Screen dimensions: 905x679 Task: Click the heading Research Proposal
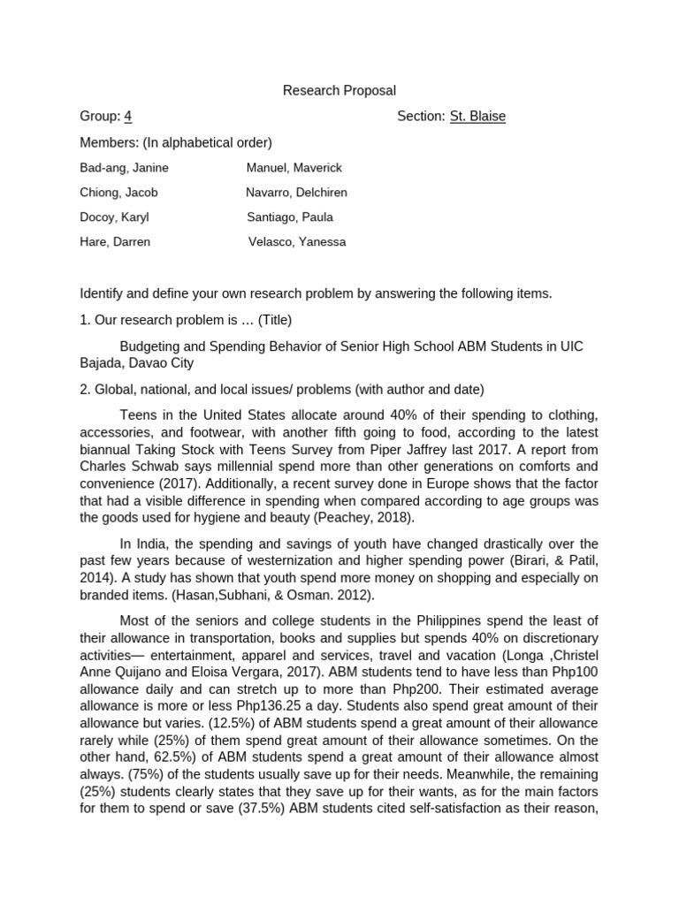click(x=339, y=90)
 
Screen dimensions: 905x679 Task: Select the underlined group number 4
click(x=128, y=116)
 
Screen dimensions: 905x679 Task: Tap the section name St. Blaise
click(x=477, y=116)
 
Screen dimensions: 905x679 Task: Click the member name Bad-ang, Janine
click(x=124, y=167)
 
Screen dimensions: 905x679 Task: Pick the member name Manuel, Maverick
click(x=294, y=167)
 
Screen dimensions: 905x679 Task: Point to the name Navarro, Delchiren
click(x=296, y=192)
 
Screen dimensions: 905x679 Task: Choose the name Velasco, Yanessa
click(x=297, y=241)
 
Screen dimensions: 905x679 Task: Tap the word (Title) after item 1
click(x=275, y=319)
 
